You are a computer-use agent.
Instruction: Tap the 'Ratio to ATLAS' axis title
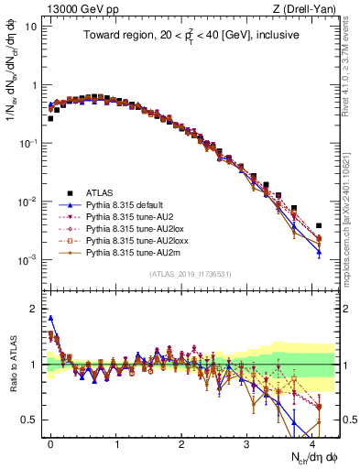coord(13,365)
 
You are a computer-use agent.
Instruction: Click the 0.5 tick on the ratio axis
coord(31,420)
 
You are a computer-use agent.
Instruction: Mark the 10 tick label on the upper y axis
coord(29,26)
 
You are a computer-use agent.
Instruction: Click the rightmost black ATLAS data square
coord(319,225)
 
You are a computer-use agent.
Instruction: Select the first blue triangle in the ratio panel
coord(50,318)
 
